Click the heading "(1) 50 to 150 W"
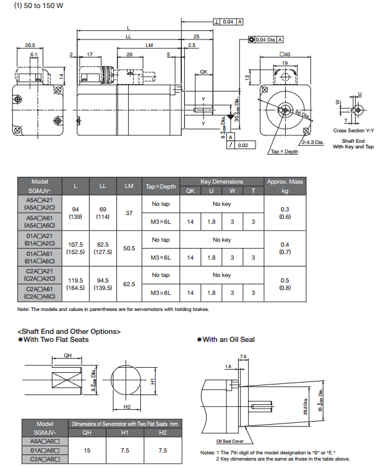(36, 7)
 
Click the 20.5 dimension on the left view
(30, 45)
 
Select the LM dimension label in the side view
(150, 45)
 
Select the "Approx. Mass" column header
(285, 182)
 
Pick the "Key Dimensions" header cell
(221, 182)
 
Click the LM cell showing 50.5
(129, 248)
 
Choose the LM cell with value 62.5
(129, 284)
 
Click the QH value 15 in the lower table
(87, 451)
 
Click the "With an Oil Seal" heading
(229, 339)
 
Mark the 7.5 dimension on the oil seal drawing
(243, 357)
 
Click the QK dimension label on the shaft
(203, 73)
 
